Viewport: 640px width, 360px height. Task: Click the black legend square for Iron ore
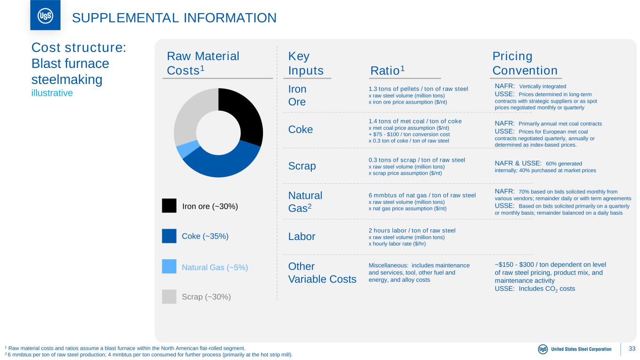click(169, 206)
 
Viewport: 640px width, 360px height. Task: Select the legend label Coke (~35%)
click(205, 236)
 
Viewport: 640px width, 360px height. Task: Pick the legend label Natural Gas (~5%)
click(214, 267)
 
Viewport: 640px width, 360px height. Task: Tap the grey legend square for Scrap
click(169, 297)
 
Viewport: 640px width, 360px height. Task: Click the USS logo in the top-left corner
click(45, 15)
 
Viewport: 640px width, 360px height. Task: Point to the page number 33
click(632, 349)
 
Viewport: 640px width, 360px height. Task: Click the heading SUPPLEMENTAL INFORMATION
click(174, 18)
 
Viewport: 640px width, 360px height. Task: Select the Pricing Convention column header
click(525, 63)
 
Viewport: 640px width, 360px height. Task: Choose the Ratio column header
click(387, 70)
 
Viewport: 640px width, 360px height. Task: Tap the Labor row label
click(301, 237)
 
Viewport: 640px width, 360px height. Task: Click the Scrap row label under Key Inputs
click(302, 166)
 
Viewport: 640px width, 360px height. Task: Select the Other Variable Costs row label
click(323, 272)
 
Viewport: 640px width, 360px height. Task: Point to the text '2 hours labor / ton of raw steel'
click(412, 230)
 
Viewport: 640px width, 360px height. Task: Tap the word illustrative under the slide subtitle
click(52, 93)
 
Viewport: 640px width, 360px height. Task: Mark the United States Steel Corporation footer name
click(581, 349)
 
